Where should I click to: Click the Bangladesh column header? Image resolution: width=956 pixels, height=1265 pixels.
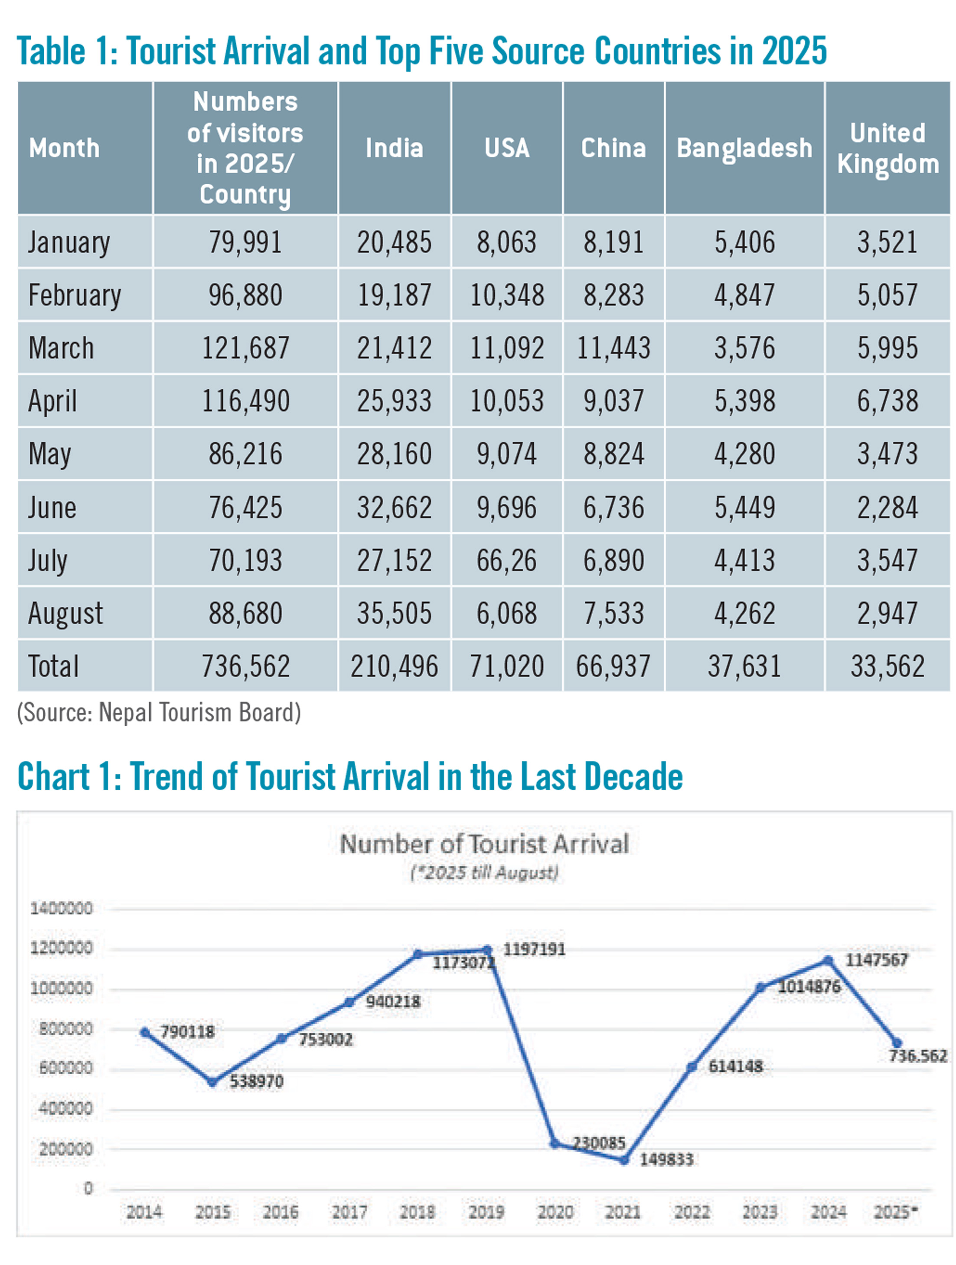(744, 148)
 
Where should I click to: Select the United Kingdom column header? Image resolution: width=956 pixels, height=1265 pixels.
(887, 148)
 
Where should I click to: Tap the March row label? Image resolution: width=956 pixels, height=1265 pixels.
(61, 348)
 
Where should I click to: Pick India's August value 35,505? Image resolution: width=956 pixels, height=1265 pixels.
(394, 613)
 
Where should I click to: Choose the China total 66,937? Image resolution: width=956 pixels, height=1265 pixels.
(613, 666)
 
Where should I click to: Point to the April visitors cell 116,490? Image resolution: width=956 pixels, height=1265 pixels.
(245, 401)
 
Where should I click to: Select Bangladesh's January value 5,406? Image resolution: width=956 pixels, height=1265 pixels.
(744, 242)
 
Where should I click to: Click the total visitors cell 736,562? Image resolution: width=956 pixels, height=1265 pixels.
(245, 666)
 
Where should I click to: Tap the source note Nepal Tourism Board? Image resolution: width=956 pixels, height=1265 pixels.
(159, 713)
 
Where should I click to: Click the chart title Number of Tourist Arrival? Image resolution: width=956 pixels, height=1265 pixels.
(484, 844)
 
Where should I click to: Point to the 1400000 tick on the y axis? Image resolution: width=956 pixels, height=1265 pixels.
(61, 908)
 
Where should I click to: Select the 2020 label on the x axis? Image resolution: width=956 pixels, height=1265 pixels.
(555, 1212)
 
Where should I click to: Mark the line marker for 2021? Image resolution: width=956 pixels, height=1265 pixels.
(624, 1161)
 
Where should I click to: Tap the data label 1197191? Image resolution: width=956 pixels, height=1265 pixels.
(534, 950)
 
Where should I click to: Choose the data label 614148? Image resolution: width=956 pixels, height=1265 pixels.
(735, 1066)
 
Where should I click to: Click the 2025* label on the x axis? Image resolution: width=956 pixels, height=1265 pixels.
(895, 1212)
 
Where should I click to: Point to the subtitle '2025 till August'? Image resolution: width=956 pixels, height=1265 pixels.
(484, 873)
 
